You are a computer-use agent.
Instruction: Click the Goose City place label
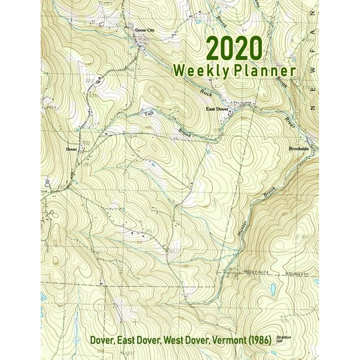tap(143, 30)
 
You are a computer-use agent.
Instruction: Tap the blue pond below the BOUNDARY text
tap(273, 288)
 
